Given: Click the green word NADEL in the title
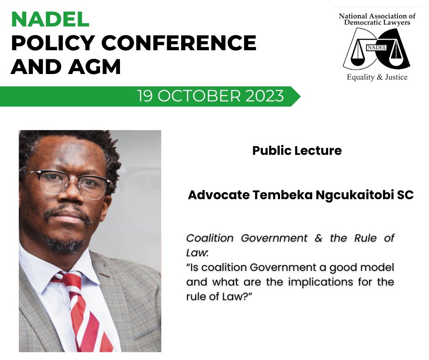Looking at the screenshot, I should [50, 19].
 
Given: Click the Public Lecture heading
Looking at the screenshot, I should [297, 151].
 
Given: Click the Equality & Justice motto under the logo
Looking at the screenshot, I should [377, 77].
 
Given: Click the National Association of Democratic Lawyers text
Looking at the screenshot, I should [377, 19].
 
